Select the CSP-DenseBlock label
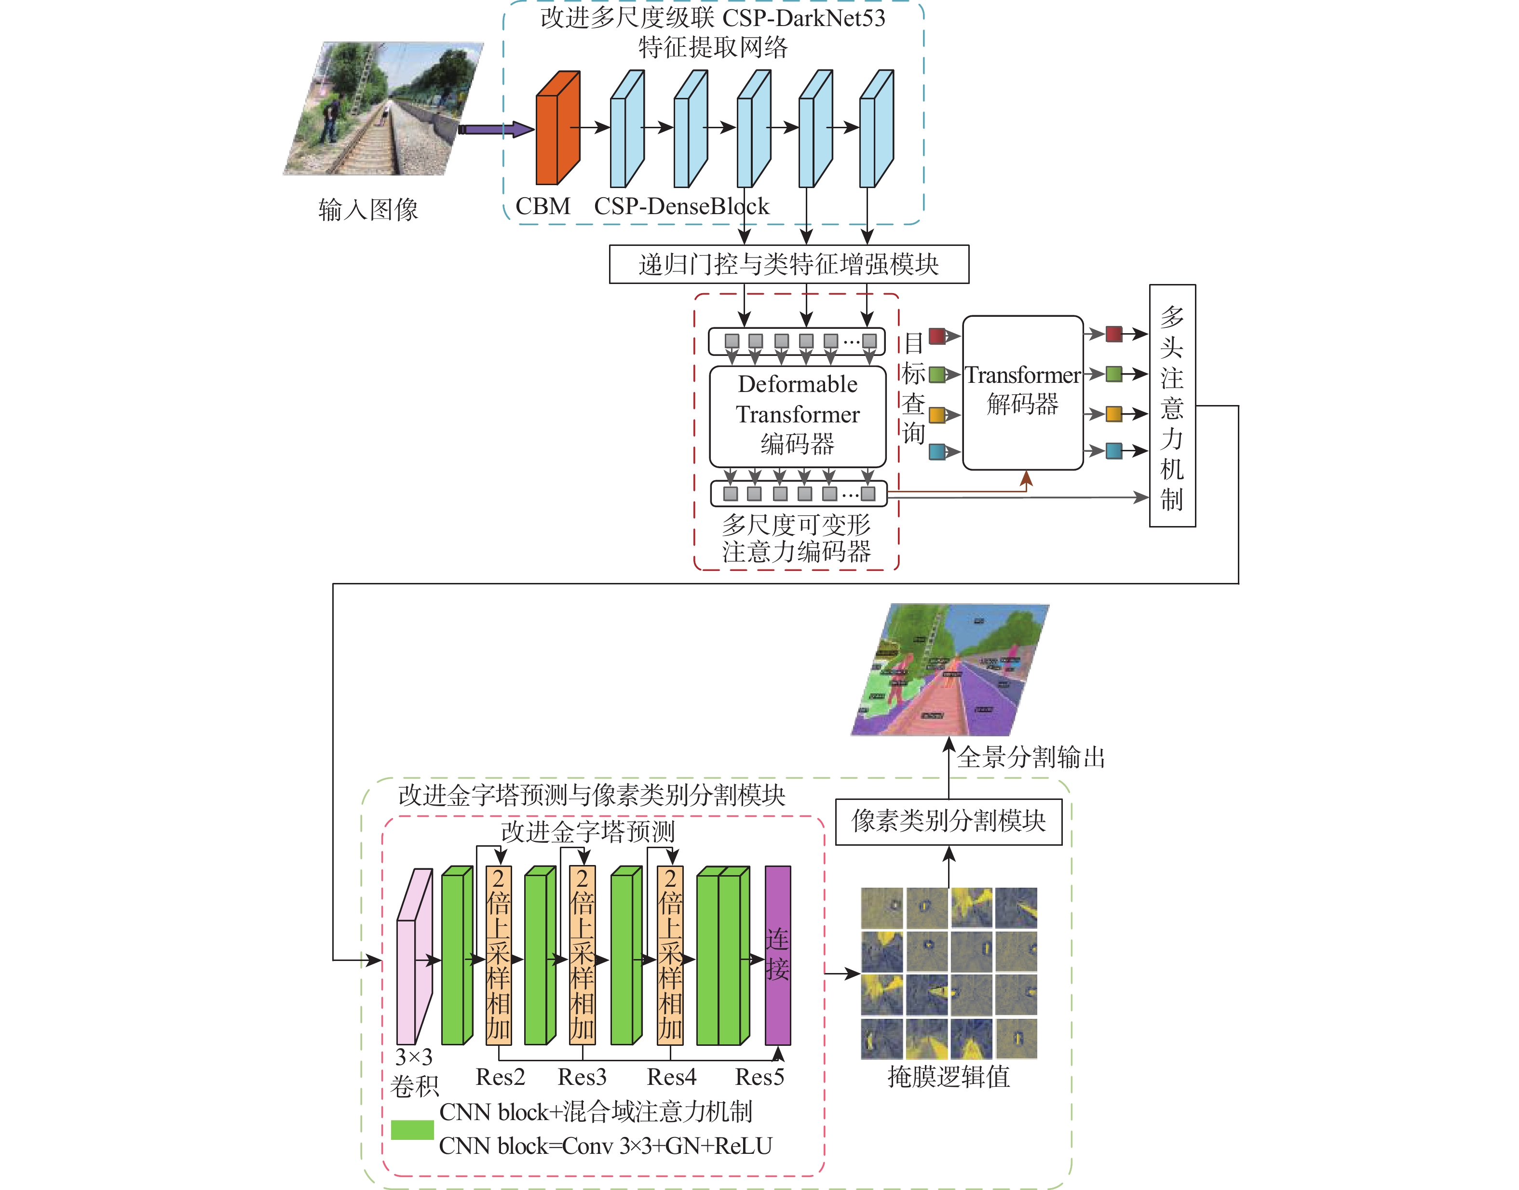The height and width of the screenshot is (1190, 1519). pos(681,206)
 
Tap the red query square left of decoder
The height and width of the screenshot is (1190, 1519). pos(936,337)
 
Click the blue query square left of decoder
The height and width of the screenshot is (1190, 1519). pos(936,451)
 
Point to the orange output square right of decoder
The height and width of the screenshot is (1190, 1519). pos(1113,414)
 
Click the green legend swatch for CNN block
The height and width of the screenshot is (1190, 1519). pos(412,1129)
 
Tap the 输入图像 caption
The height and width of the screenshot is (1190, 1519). pos(368,209)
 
